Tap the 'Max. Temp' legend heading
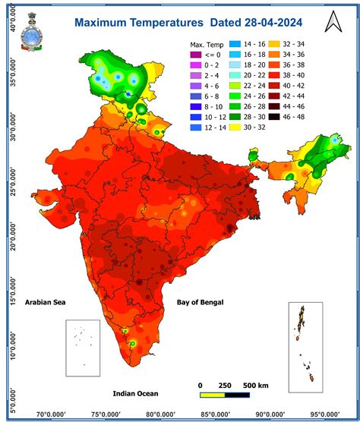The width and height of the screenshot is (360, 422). pos(207,45)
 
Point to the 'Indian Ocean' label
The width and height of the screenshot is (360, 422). pos(137,393)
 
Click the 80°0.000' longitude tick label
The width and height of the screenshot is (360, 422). pos(166,414)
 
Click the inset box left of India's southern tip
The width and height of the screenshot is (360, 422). pos(82,348)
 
